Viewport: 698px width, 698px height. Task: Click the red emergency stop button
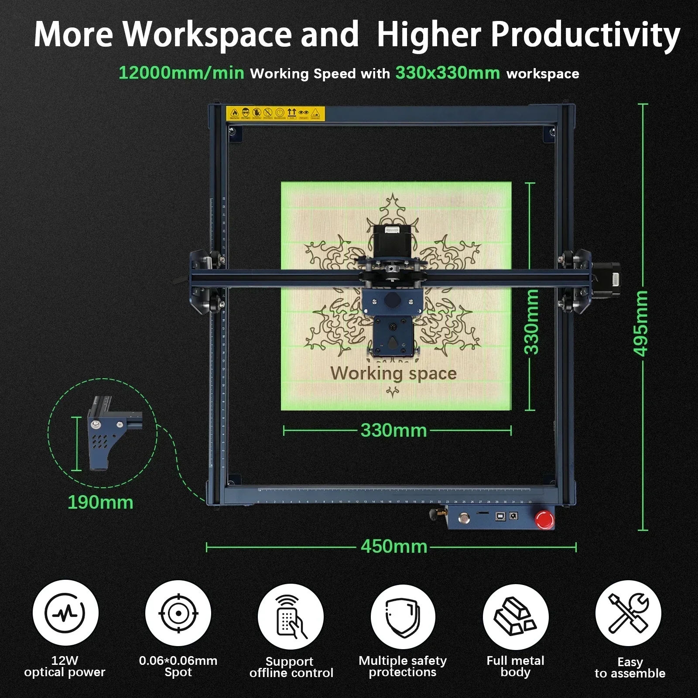(544, 519)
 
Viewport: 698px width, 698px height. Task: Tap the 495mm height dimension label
(640, 323)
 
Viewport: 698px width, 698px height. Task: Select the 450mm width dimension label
(394, 547)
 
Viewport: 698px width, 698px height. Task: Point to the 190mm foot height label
(100, 503)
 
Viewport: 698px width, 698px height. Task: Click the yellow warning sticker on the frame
(276, 113)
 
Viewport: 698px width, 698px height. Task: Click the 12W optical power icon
(65, 613)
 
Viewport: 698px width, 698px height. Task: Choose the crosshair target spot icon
(178, 613)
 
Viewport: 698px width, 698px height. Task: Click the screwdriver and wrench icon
(628, 613)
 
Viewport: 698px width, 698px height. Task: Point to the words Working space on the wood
(393, 373)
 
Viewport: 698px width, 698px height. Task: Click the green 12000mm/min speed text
(181, 72)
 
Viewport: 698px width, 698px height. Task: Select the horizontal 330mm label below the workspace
(394, 431)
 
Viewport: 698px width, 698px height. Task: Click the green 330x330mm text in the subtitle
(448, 72)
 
